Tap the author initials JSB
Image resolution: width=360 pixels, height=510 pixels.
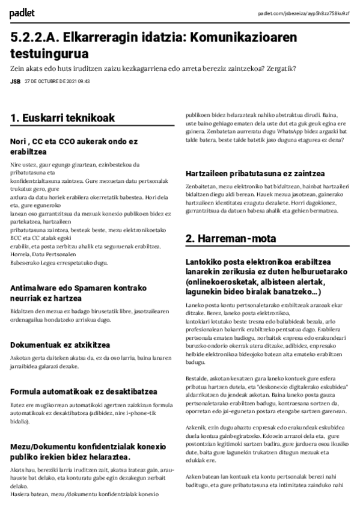[x=15, y=82]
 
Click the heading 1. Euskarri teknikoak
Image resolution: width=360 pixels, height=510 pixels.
[x=63, y=118]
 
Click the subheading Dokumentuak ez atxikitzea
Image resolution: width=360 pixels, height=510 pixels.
[x=60, y=345]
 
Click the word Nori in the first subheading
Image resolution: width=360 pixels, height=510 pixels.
[x=18, y=141]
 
